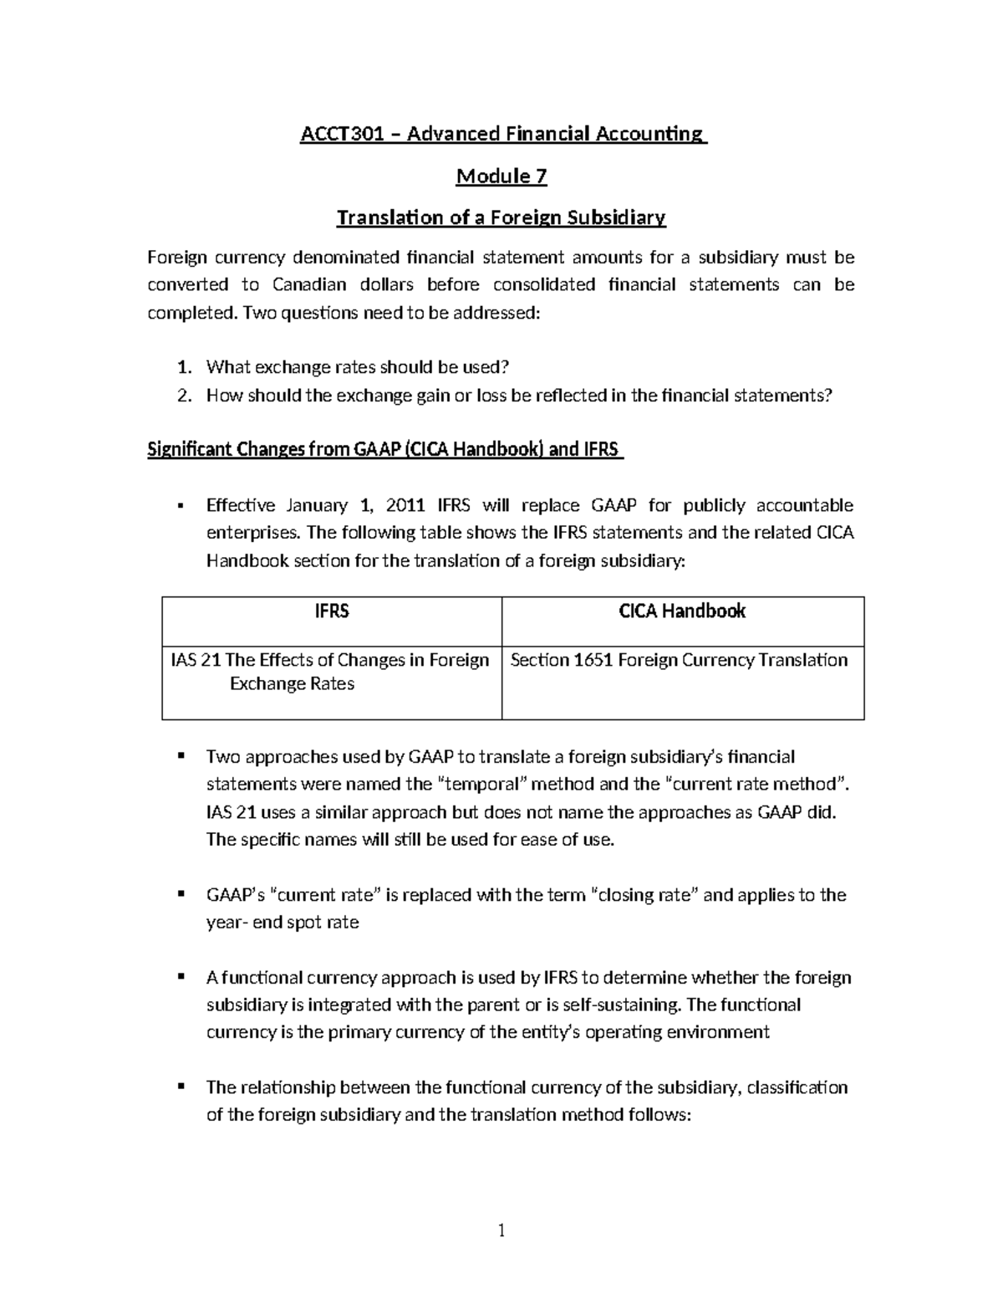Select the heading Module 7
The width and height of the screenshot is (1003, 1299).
(501, 176)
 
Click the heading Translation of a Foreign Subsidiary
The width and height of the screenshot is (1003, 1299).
(501, 218)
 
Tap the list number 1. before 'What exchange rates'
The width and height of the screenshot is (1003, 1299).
(186, 367)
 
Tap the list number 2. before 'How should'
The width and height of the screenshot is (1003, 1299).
(186, 396)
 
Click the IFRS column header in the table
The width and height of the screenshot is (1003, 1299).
(332, 611)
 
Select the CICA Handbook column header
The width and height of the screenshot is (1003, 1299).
(682, 611)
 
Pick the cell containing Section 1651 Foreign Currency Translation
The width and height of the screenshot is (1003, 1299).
(679, 660)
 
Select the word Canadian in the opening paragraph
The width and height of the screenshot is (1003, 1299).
(309, 285)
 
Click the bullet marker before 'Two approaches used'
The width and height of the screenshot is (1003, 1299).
(180, 756)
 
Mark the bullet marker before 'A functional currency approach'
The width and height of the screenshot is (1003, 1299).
(180, 977)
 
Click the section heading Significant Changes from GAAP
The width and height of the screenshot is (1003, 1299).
(384, 450)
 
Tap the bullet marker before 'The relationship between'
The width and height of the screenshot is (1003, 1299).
(180, 1087)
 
